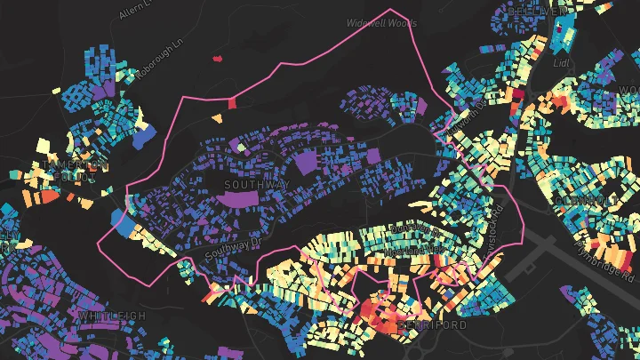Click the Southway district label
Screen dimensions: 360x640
[257, 185]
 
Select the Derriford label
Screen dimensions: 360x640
[433, 326]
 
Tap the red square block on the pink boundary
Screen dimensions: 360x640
[233, 103]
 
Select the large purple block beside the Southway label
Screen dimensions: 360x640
[305, 163]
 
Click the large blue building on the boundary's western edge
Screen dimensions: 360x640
[120, 221]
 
